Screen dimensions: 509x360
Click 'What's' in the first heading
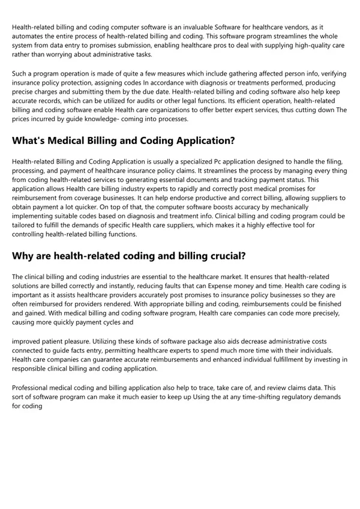click(x=31, y=141)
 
